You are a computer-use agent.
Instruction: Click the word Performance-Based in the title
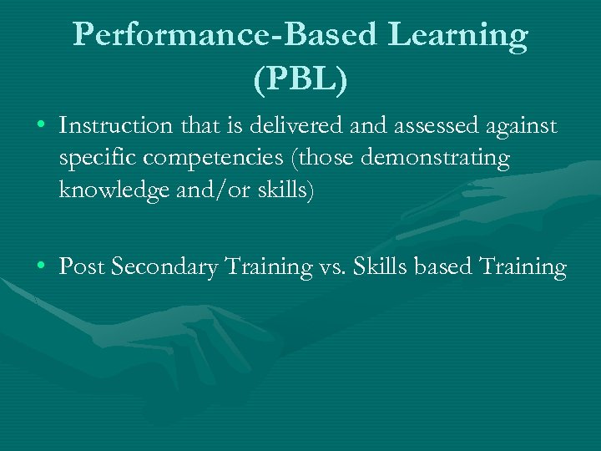coord(225,35)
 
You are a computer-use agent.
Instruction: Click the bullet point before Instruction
coord(41,126)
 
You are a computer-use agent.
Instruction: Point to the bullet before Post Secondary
coord(41,266)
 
